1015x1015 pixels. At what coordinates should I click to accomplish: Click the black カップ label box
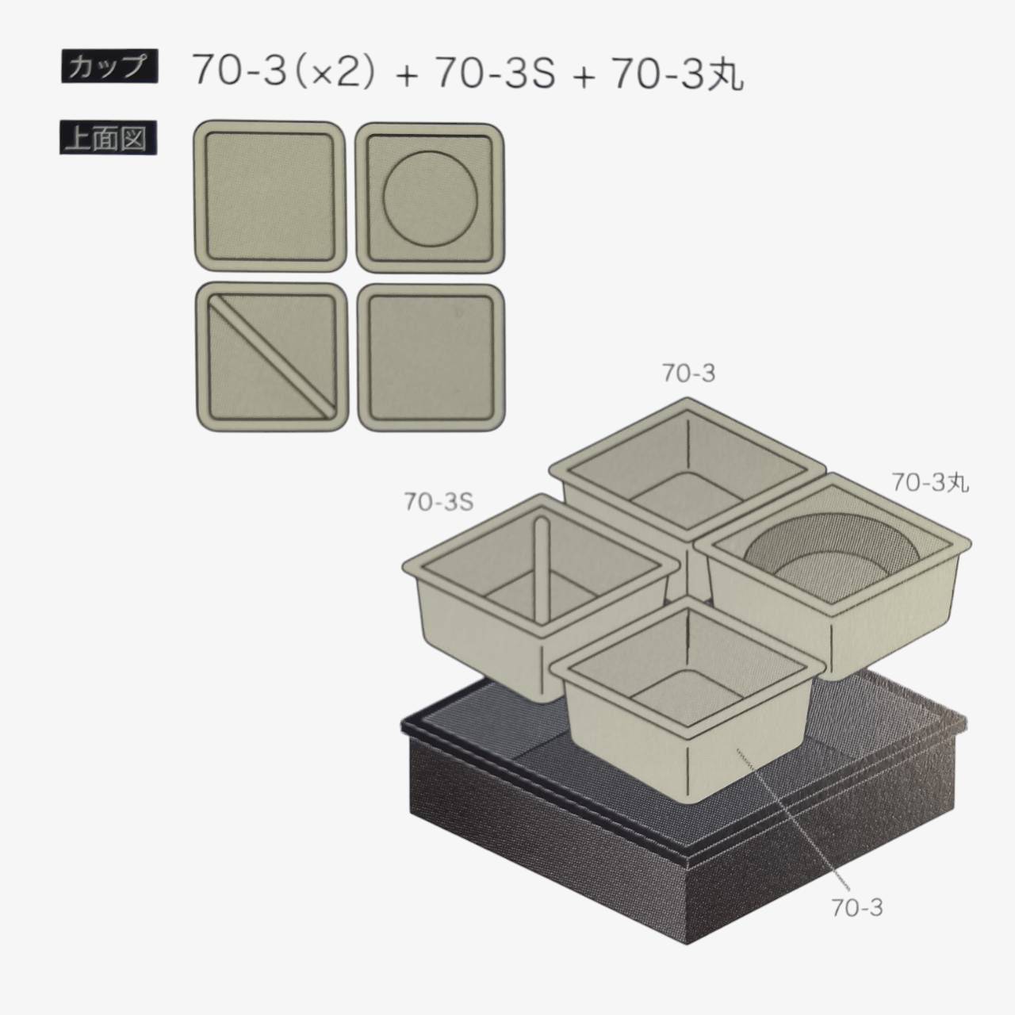[109, 67]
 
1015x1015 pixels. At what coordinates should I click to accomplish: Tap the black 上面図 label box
[109, 138]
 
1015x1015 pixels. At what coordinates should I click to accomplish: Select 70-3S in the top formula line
[496, 70]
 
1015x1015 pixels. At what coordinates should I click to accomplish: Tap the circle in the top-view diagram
[430, 199]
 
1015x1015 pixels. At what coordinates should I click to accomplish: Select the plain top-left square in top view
[270, 196]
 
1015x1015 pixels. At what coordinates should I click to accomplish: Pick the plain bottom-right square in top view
[431, 358]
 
